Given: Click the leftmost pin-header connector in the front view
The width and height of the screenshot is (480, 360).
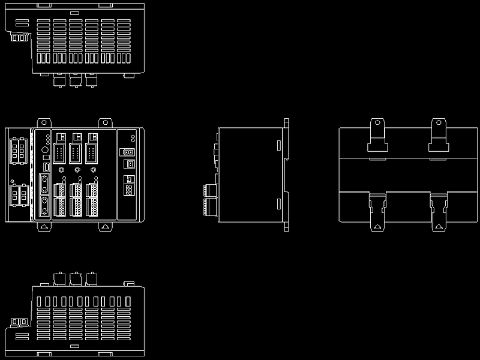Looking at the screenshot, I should (x=59, y=153).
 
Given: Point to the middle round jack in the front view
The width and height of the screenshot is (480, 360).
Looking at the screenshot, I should (x=78, y=170).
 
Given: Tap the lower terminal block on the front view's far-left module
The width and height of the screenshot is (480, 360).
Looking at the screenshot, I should (x=18, y=195).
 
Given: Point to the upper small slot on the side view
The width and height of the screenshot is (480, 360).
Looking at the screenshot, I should (x=279, y=145).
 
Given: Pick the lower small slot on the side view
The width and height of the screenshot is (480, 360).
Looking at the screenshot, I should (x=279, y=204).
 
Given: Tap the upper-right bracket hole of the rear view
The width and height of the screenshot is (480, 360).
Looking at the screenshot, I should (x=439, y=125).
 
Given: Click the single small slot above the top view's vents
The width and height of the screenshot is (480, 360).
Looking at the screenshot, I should (x=74, y=13).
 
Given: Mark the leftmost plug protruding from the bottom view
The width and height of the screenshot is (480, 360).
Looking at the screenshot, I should (x=59, y=278).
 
